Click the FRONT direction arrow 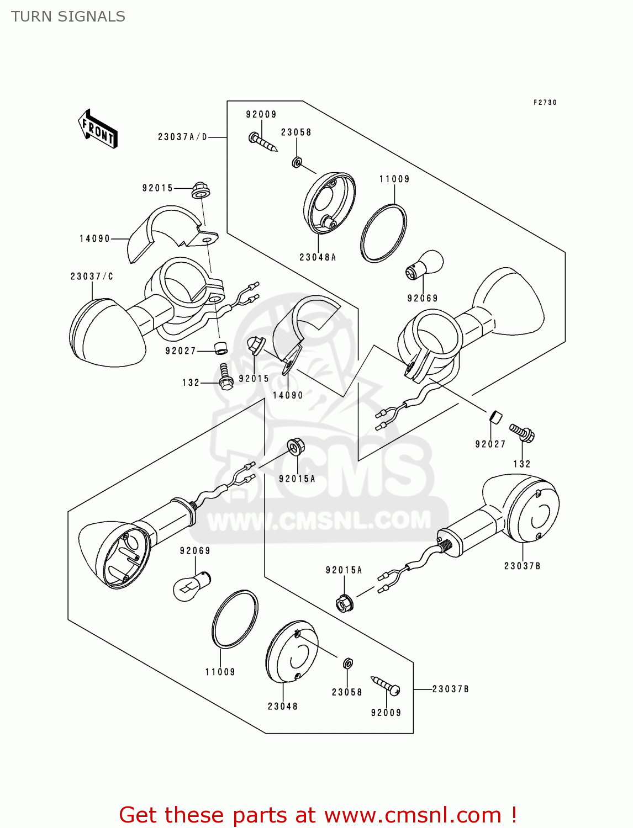98,129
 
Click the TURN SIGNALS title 68,17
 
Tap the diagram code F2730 545,103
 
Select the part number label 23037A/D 182,137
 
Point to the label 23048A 318,257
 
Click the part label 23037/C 92,276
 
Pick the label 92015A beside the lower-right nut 344,570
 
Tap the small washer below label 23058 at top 297,162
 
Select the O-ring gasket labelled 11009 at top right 383,233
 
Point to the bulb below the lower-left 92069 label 191,586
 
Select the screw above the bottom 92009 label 386,685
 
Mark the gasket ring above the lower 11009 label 235,619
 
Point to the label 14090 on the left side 95,238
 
